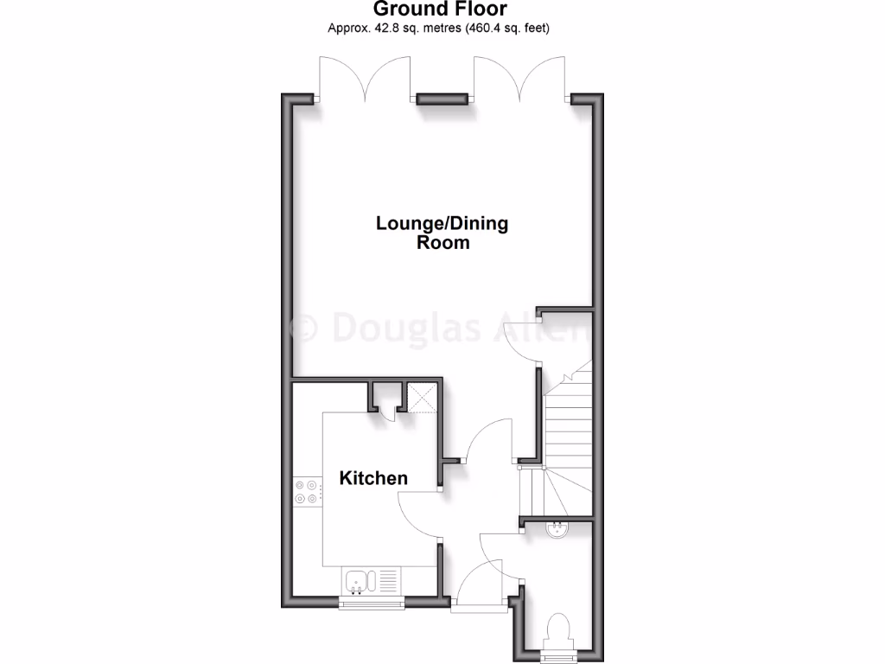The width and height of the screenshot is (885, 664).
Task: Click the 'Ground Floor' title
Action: (440, 10)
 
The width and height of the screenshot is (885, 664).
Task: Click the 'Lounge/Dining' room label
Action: (442, 223)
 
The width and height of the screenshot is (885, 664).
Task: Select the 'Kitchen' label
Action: (373, 478)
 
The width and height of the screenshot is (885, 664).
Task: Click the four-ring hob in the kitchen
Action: (306, 492)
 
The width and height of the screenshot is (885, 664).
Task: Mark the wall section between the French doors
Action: (443, 99)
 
